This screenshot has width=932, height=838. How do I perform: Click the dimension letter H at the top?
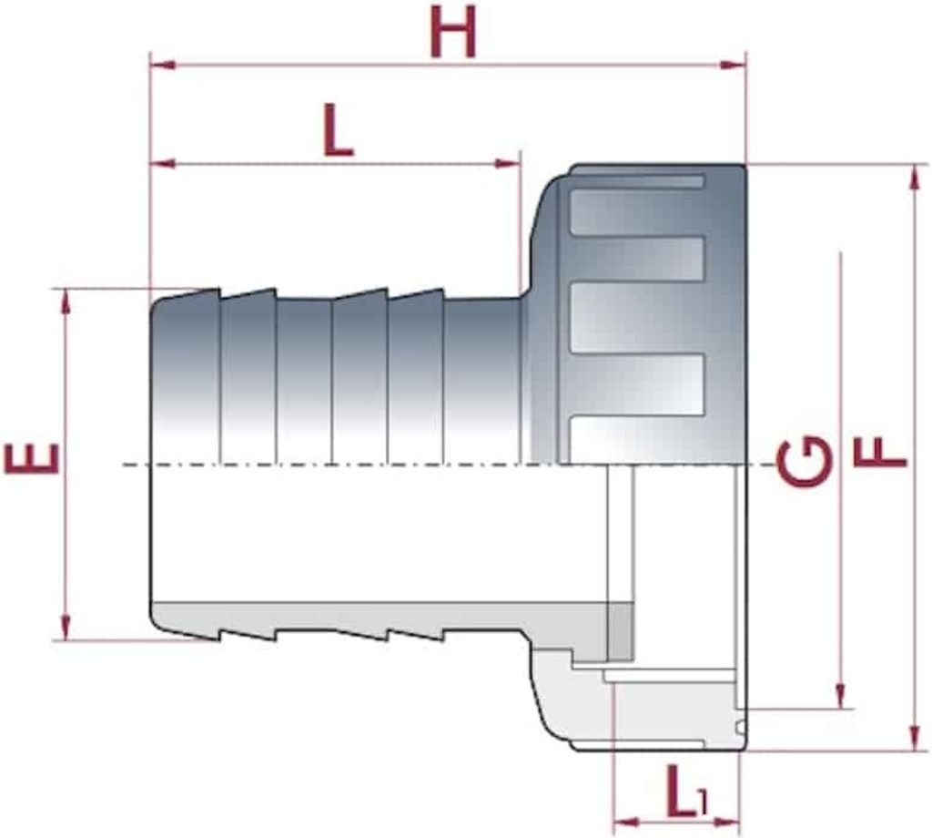tap(453, 32)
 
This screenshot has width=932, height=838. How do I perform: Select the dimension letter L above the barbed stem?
tap(339, 129)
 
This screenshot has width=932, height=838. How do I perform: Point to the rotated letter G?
tap(804, 461)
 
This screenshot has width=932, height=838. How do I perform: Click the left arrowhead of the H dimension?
tap(162, 65)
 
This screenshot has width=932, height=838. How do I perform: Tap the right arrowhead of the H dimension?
tap(733, 65)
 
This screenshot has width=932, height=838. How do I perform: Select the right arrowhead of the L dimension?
tap(508, 164)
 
